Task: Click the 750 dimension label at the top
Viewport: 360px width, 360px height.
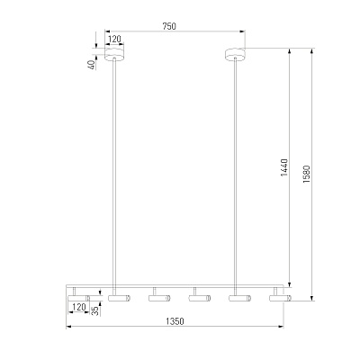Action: click(x=169, y=26)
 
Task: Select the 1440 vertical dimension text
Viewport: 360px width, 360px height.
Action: click(x=284, y=167)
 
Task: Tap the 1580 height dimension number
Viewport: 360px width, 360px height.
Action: click(x=307, y=174)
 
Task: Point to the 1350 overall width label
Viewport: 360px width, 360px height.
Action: click(x=175, y=321)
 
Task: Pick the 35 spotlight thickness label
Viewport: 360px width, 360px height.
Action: click(x=95, y=310)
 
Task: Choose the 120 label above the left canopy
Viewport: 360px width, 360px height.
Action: click(x=114, y=39)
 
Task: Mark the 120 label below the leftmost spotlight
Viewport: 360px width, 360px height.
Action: click(x=79, y=307)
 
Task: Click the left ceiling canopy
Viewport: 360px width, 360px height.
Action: click(x=114, y=54)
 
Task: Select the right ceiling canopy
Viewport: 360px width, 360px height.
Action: click(x=235, y=55)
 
